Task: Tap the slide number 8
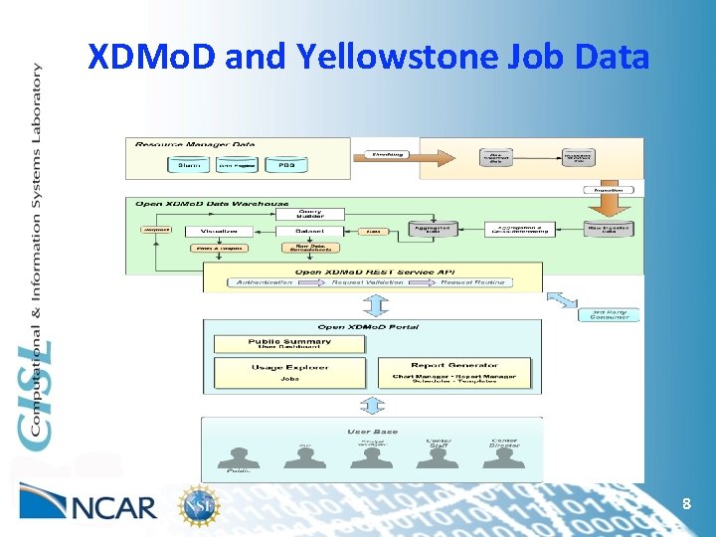point(686,505)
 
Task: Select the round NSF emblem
point(195,505)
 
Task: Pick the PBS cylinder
point(286,165)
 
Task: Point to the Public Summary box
point(289,344)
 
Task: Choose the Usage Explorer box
point(289,372)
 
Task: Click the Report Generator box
point(453,372)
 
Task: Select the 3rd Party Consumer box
point(609,315)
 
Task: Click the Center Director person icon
point(505,456)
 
